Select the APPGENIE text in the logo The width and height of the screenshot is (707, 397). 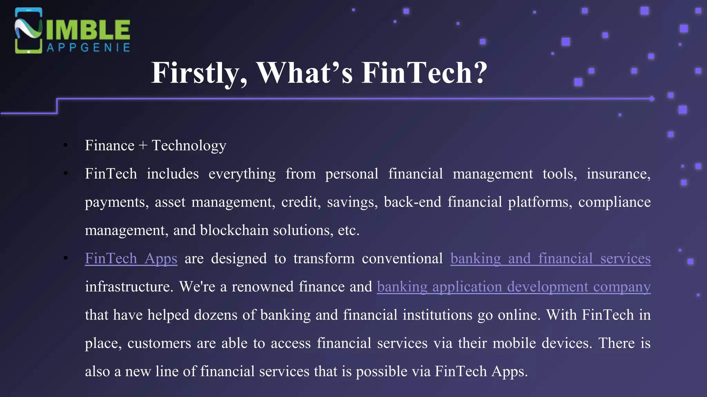(89, 48)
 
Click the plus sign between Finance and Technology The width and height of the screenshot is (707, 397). (143, 146)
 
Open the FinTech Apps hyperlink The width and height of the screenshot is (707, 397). (131, 258)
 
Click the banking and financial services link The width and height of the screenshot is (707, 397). (550, 258)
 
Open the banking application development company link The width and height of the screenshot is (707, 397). (514, 287)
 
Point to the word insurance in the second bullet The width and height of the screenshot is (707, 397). (618, 174)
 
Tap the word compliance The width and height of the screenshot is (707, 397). (614, 202)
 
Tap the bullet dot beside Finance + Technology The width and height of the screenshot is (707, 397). (66, 145)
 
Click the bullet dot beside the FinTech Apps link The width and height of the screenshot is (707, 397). (66, 258)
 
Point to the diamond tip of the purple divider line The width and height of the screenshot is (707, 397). (651, 99)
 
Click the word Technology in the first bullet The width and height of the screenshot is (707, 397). (189, 146)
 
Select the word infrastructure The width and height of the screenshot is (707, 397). (129, 287)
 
